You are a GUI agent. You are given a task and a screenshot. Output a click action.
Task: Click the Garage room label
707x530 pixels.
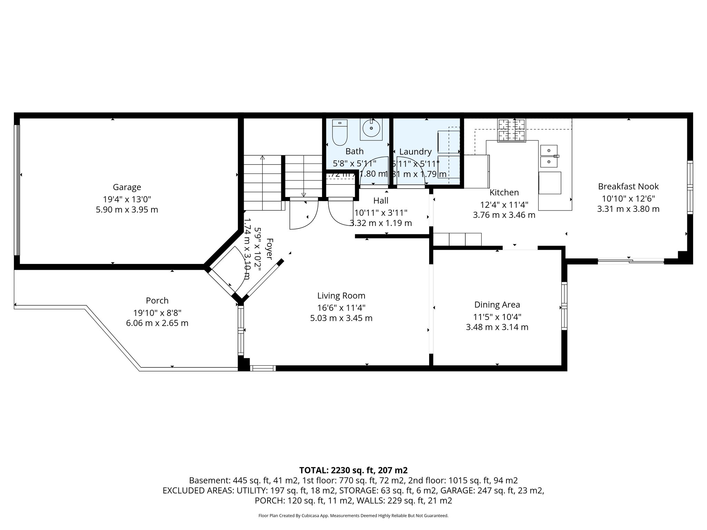pyautogui.click(x=127, y=187)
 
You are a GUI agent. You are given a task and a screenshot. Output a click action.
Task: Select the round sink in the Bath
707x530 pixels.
pyautogui.click(x=371, y=129)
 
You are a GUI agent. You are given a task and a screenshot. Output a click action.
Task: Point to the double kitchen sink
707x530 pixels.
pyautogui.click(x=549, y=156)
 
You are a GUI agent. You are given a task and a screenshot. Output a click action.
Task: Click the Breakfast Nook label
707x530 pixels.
pyautogui.click(x=628, y=186)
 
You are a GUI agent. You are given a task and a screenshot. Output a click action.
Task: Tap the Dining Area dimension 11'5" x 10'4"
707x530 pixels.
pyautogui.click(x=497, y=316)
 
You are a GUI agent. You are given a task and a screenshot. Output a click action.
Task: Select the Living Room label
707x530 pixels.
pyautogui.click(x=341, y=295)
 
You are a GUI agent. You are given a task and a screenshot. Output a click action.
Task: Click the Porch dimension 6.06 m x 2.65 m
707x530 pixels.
pyautogui.click(x=157, y=323)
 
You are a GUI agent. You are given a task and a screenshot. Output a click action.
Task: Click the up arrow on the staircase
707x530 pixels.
pyautogui.click(x=262, y=158)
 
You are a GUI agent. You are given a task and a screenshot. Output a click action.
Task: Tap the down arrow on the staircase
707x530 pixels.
pyautogui.click(x=303, y=195)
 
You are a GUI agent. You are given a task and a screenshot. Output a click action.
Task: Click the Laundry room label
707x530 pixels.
pyautogui.click(x=415, y=151)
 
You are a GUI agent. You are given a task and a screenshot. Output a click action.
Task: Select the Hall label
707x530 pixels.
pyautogui.click(x=380, y=200)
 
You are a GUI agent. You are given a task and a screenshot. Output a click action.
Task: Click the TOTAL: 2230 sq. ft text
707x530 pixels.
pyautogui.click(x=353, y=470)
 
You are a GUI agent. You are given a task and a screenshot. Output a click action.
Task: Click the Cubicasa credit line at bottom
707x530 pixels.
pyautogui.click(x=353, y=516)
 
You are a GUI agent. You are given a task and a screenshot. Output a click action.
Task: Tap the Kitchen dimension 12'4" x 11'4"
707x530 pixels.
pyautogui.click(x=504, y=205)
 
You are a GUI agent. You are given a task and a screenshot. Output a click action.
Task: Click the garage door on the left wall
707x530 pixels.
pyautogui.click(x=17, y=190)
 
